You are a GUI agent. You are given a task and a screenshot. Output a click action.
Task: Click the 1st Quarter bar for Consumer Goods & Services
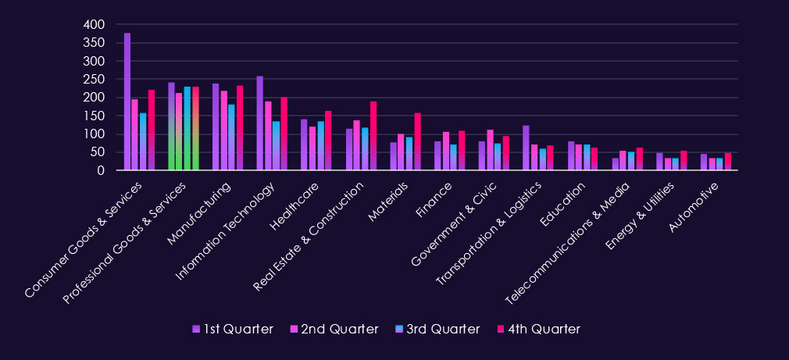point(127,102)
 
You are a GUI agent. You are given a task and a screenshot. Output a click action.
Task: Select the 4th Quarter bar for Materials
point(418,141)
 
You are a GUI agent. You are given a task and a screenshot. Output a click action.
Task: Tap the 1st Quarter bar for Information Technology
point(260,123)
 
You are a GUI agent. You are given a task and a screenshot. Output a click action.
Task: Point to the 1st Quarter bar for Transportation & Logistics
point(527,148)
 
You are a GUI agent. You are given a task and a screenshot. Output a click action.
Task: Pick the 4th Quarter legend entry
point(539,329)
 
